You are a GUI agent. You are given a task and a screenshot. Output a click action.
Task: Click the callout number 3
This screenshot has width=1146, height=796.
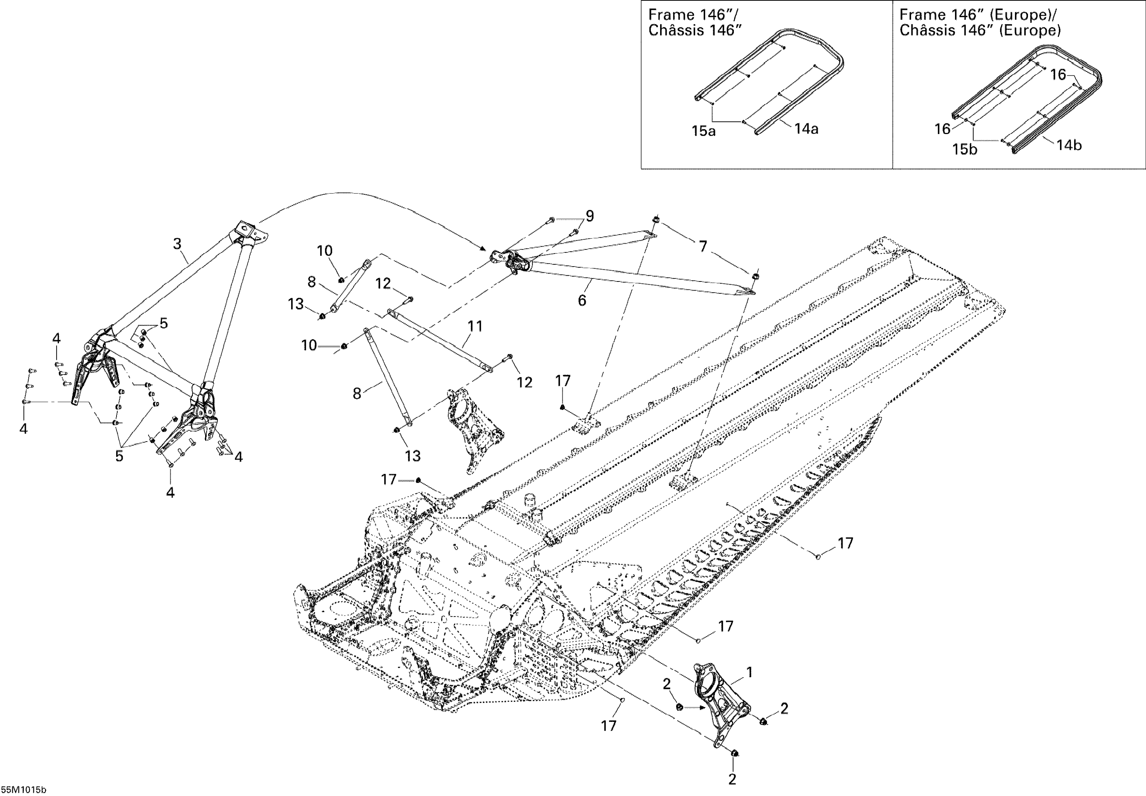(177, 244)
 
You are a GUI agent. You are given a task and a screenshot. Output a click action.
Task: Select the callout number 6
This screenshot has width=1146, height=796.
(581, 300)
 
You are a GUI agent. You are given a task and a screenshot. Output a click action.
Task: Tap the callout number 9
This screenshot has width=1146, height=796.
(590, 216)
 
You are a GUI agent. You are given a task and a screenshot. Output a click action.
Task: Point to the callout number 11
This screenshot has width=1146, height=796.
(475, 326)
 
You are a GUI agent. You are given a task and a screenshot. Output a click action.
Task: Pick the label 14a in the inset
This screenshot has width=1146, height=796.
(806, 129)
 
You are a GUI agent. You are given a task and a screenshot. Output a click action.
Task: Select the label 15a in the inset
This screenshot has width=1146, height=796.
(703, 131)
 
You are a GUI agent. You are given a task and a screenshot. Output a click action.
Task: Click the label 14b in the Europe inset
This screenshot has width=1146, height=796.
(1069, 145)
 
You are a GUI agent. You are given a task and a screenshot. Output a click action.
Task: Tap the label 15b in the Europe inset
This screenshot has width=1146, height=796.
(965, 149)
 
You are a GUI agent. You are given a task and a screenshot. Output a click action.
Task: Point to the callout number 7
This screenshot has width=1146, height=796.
(702, 246)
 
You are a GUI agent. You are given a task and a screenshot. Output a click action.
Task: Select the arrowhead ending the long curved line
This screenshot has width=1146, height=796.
(484, 248)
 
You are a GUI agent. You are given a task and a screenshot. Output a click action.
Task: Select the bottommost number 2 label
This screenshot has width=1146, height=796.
(732, 779)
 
